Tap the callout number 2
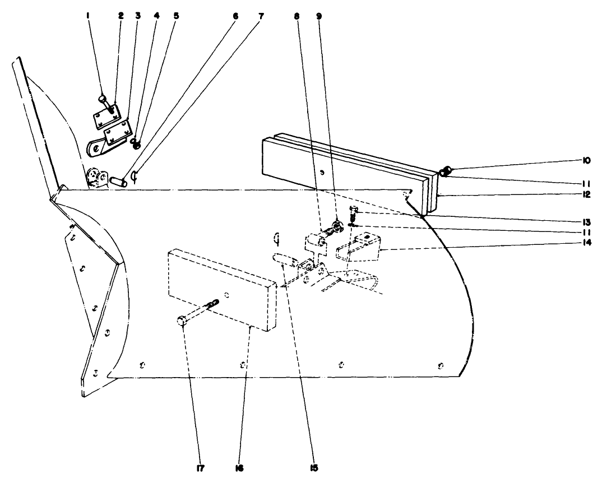[x=121, y=16]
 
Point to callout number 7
[x=261, y=16]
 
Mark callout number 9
[x=319, y=16]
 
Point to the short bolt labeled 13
[x=353, y=213]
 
